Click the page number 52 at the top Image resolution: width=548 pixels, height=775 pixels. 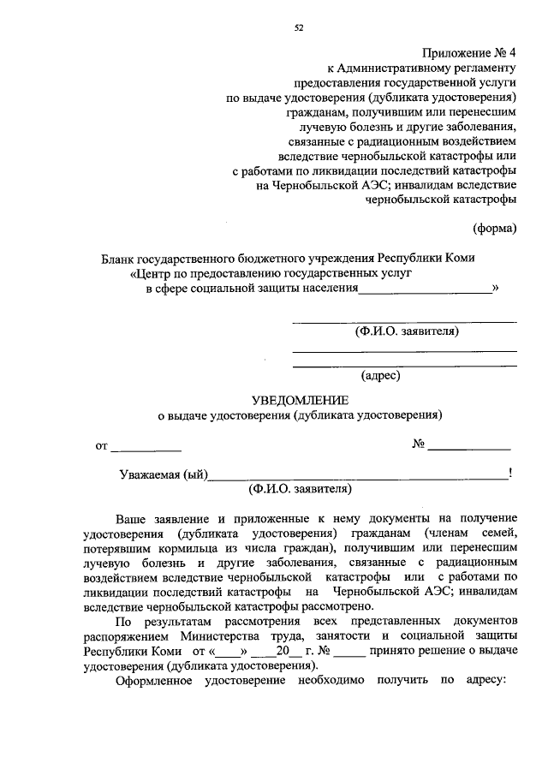pyautogui.click(x=300, y=27)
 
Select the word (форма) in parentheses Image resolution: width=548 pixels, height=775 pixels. pyautogui.click(x=495, y=228)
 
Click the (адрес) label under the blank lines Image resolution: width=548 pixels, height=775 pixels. pyautogui.click(x=381, y=374)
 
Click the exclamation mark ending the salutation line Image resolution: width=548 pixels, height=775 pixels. pyautogui.click(x=510, y=473)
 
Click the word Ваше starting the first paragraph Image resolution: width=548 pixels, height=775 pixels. pyautogui.click(x=133, y=519)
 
